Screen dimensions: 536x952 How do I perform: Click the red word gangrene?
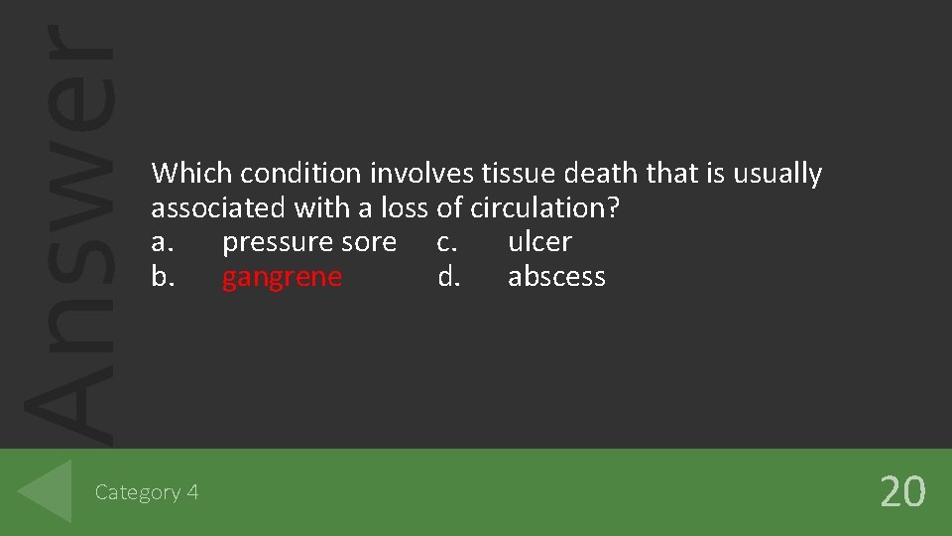click(282, 277)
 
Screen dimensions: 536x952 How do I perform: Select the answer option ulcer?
click(539, 242)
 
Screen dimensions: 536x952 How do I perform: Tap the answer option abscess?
click(556, 277)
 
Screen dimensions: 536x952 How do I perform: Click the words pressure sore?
click(308, 242)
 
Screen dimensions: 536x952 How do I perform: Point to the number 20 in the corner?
click(902, 491)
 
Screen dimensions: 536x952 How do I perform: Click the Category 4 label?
click(147, 491)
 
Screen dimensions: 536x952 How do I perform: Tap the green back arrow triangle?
click(47, 490)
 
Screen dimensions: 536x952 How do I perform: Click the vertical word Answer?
click(67, 228)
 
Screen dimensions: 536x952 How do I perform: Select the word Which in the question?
click(192, 174)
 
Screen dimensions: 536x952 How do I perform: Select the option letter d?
click(448, 277)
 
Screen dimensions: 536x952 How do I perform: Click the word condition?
click(301, 174)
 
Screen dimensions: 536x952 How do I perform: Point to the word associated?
click(219, 208)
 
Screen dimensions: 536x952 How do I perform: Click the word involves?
click(422, 174)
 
